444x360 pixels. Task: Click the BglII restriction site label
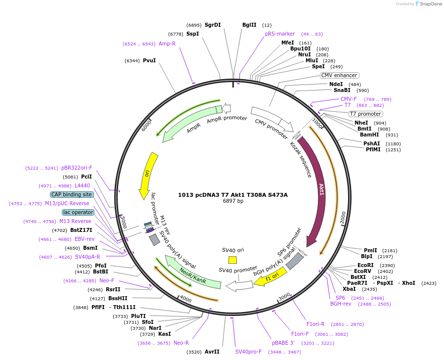point(249,25)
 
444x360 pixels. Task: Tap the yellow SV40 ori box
point(232,260)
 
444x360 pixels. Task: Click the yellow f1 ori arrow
point(269,279)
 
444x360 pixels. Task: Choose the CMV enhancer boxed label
point(339,75)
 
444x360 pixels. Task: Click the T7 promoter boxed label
point(365,114)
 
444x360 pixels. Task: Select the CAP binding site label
point(72,194)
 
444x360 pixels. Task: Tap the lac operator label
point(78,212)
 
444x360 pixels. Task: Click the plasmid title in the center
point(233,195)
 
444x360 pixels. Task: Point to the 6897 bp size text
point(233,201)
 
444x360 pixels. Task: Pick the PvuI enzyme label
point(149,60)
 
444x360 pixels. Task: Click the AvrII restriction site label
point(212,352)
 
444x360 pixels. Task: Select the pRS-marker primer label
point(280,34)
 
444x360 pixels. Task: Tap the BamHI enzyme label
point(369,135)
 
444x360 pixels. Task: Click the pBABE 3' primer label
point(283,342)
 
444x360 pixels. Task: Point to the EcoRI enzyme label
point(365,265)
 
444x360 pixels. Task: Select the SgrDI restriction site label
point(213,25)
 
